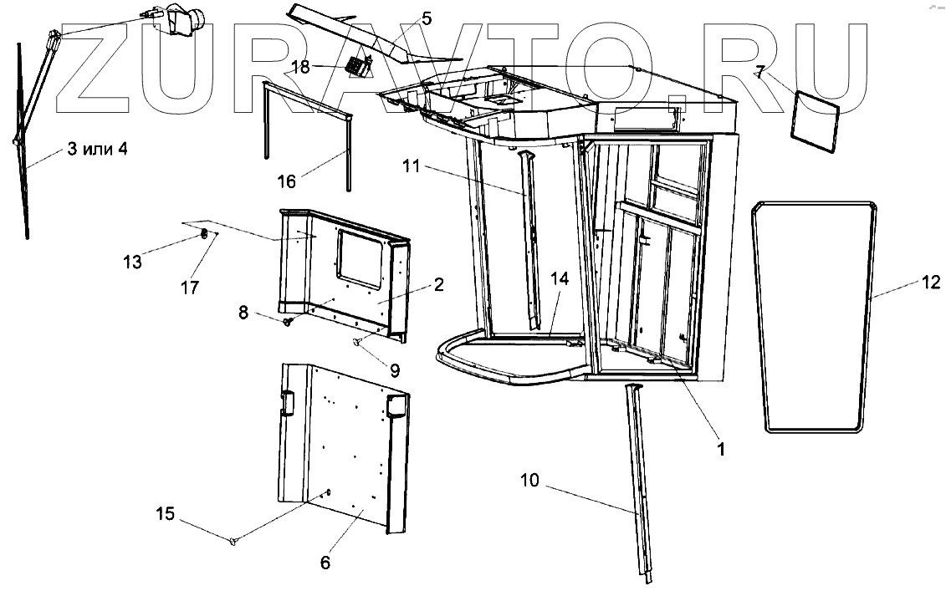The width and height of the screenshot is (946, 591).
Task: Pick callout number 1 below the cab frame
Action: (720, 449)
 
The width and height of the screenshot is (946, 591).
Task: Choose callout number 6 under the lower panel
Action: (325, 563)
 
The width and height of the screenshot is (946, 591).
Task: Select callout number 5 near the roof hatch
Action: (427, 18)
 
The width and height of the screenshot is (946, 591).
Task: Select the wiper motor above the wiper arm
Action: (186, 21)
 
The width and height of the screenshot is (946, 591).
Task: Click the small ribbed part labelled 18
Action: (359, 64)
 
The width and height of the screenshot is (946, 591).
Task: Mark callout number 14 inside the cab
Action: (560, 279)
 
